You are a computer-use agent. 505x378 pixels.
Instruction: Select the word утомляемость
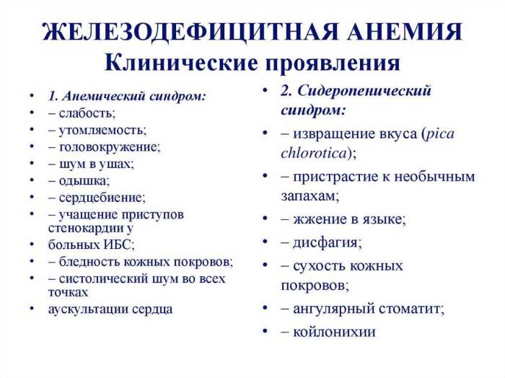tap(102, 130)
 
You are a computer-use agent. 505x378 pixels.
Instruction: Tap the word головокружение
tap(110, 146)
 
